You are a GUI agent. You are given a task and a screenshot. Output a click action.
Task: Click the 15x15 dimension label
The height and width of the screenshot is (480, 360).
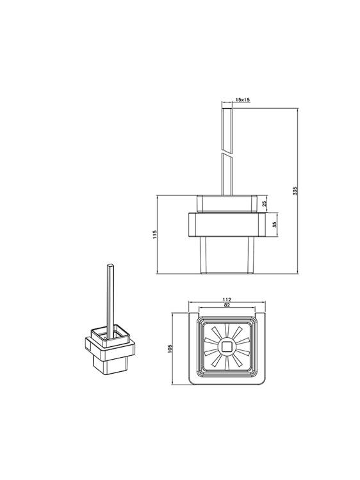(243, 99)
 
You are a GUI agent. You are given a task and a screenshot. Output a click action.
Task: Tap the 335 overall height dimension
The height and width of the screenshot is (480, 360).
(295, 191)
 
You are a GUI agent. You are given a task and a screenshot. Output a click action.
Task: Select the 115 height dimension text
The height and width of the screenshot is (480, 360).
(155, 234)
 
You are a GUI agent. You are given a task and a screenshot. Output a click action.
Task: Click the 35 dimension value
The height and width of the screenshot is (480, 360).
(275, 225)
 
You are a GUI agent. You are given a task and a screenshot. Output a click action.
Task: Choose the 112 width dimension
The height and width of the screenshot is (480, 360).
(227, 300)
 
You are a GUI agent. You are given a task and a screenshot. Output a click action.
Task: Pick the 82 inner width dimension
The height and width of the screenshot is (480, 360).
(227, 305)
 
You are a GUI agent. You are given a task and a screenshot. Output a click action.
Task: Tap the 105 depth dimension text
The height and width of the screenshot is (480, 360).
(170, 348)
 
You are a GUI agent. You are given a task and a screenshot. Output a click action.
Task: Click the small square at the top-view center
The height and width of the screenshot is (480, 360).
(227, 346)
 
